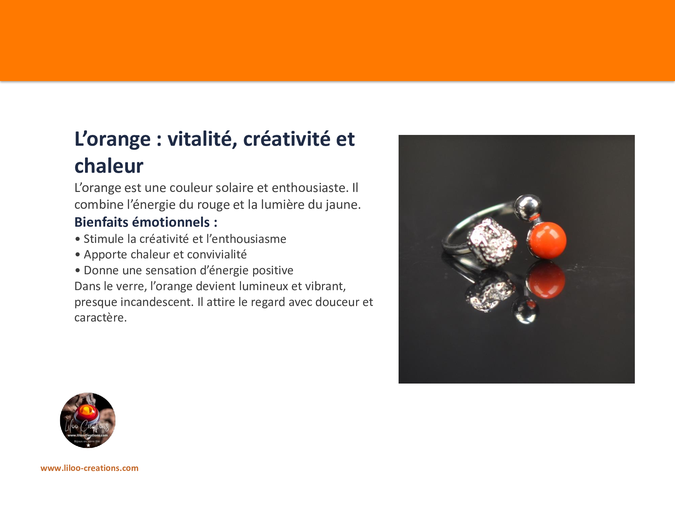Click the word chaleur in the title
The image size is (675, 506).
(109, 166)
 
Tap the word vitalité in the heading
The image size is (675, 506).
(202, 139)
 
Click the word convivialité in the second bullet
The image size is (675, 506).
(210, 254)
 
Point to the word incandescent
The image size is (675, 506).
(157, 302)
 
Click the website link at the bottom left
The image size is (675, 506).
(89, 468)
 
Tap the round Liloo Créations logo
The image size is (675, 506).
(88, 420)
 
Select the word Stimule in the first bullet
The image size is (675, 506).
(104, 239)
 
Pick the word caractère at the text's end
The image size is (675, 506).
(101, 318)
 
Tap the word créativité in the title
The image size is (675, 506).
(287, 139)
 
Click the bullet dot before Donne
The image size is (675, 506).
(78, 271)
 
